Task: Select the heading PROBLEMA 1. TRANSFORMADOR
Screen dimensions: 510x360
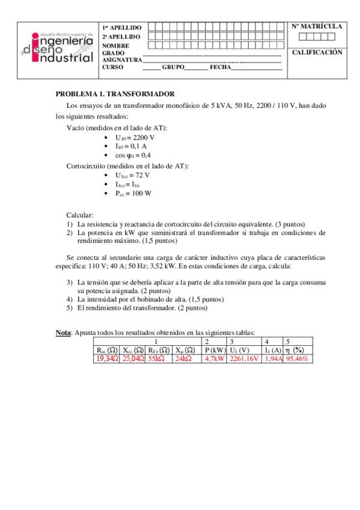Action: [x=115, y=94]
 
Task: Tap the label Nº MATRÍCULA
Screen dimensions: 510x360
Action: [x=317, y=27]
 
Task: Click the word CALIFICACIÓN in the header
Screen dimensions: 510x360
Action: [x=317, y=53]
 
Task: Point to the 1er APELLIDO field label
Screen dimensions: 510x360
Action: [x=122, y=28]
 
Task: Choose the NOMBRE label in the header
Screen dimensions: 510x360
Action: [x=116, y=46]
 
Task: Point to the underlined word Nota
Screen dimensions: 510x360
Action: [x=63, y=332]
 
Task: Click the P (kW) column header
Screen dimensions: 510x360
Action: [x=215, y=350]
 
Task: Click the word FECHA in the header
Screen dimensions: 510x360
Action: [x=219, y=67]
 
